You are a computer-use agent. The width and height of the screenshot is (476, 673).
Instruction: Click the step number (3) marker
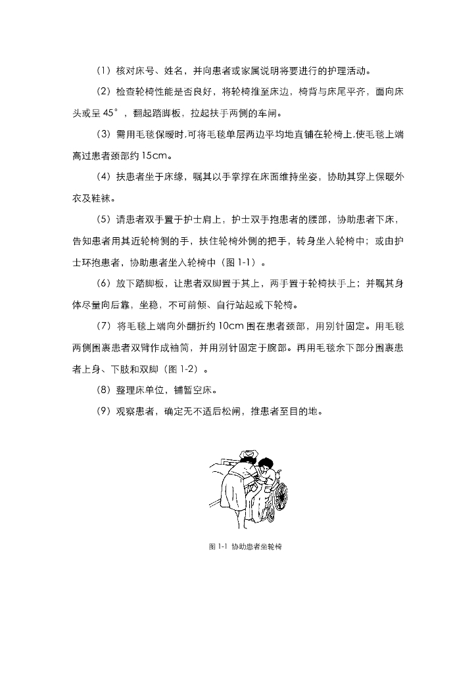[x=104, y=134]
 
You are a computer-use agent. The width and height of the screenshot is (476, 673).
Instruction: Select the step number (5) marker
[x=104, y=219]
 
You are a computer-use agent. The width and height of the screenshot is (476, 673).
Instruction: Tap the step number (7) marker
[x=104, y=326]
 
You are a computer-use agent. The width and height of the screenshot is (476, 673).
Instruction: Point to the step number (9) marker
[x=104, y=411]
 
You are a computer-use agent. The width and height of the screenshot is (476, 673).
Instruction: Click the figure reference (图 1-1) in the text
[x=239, y=262]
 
